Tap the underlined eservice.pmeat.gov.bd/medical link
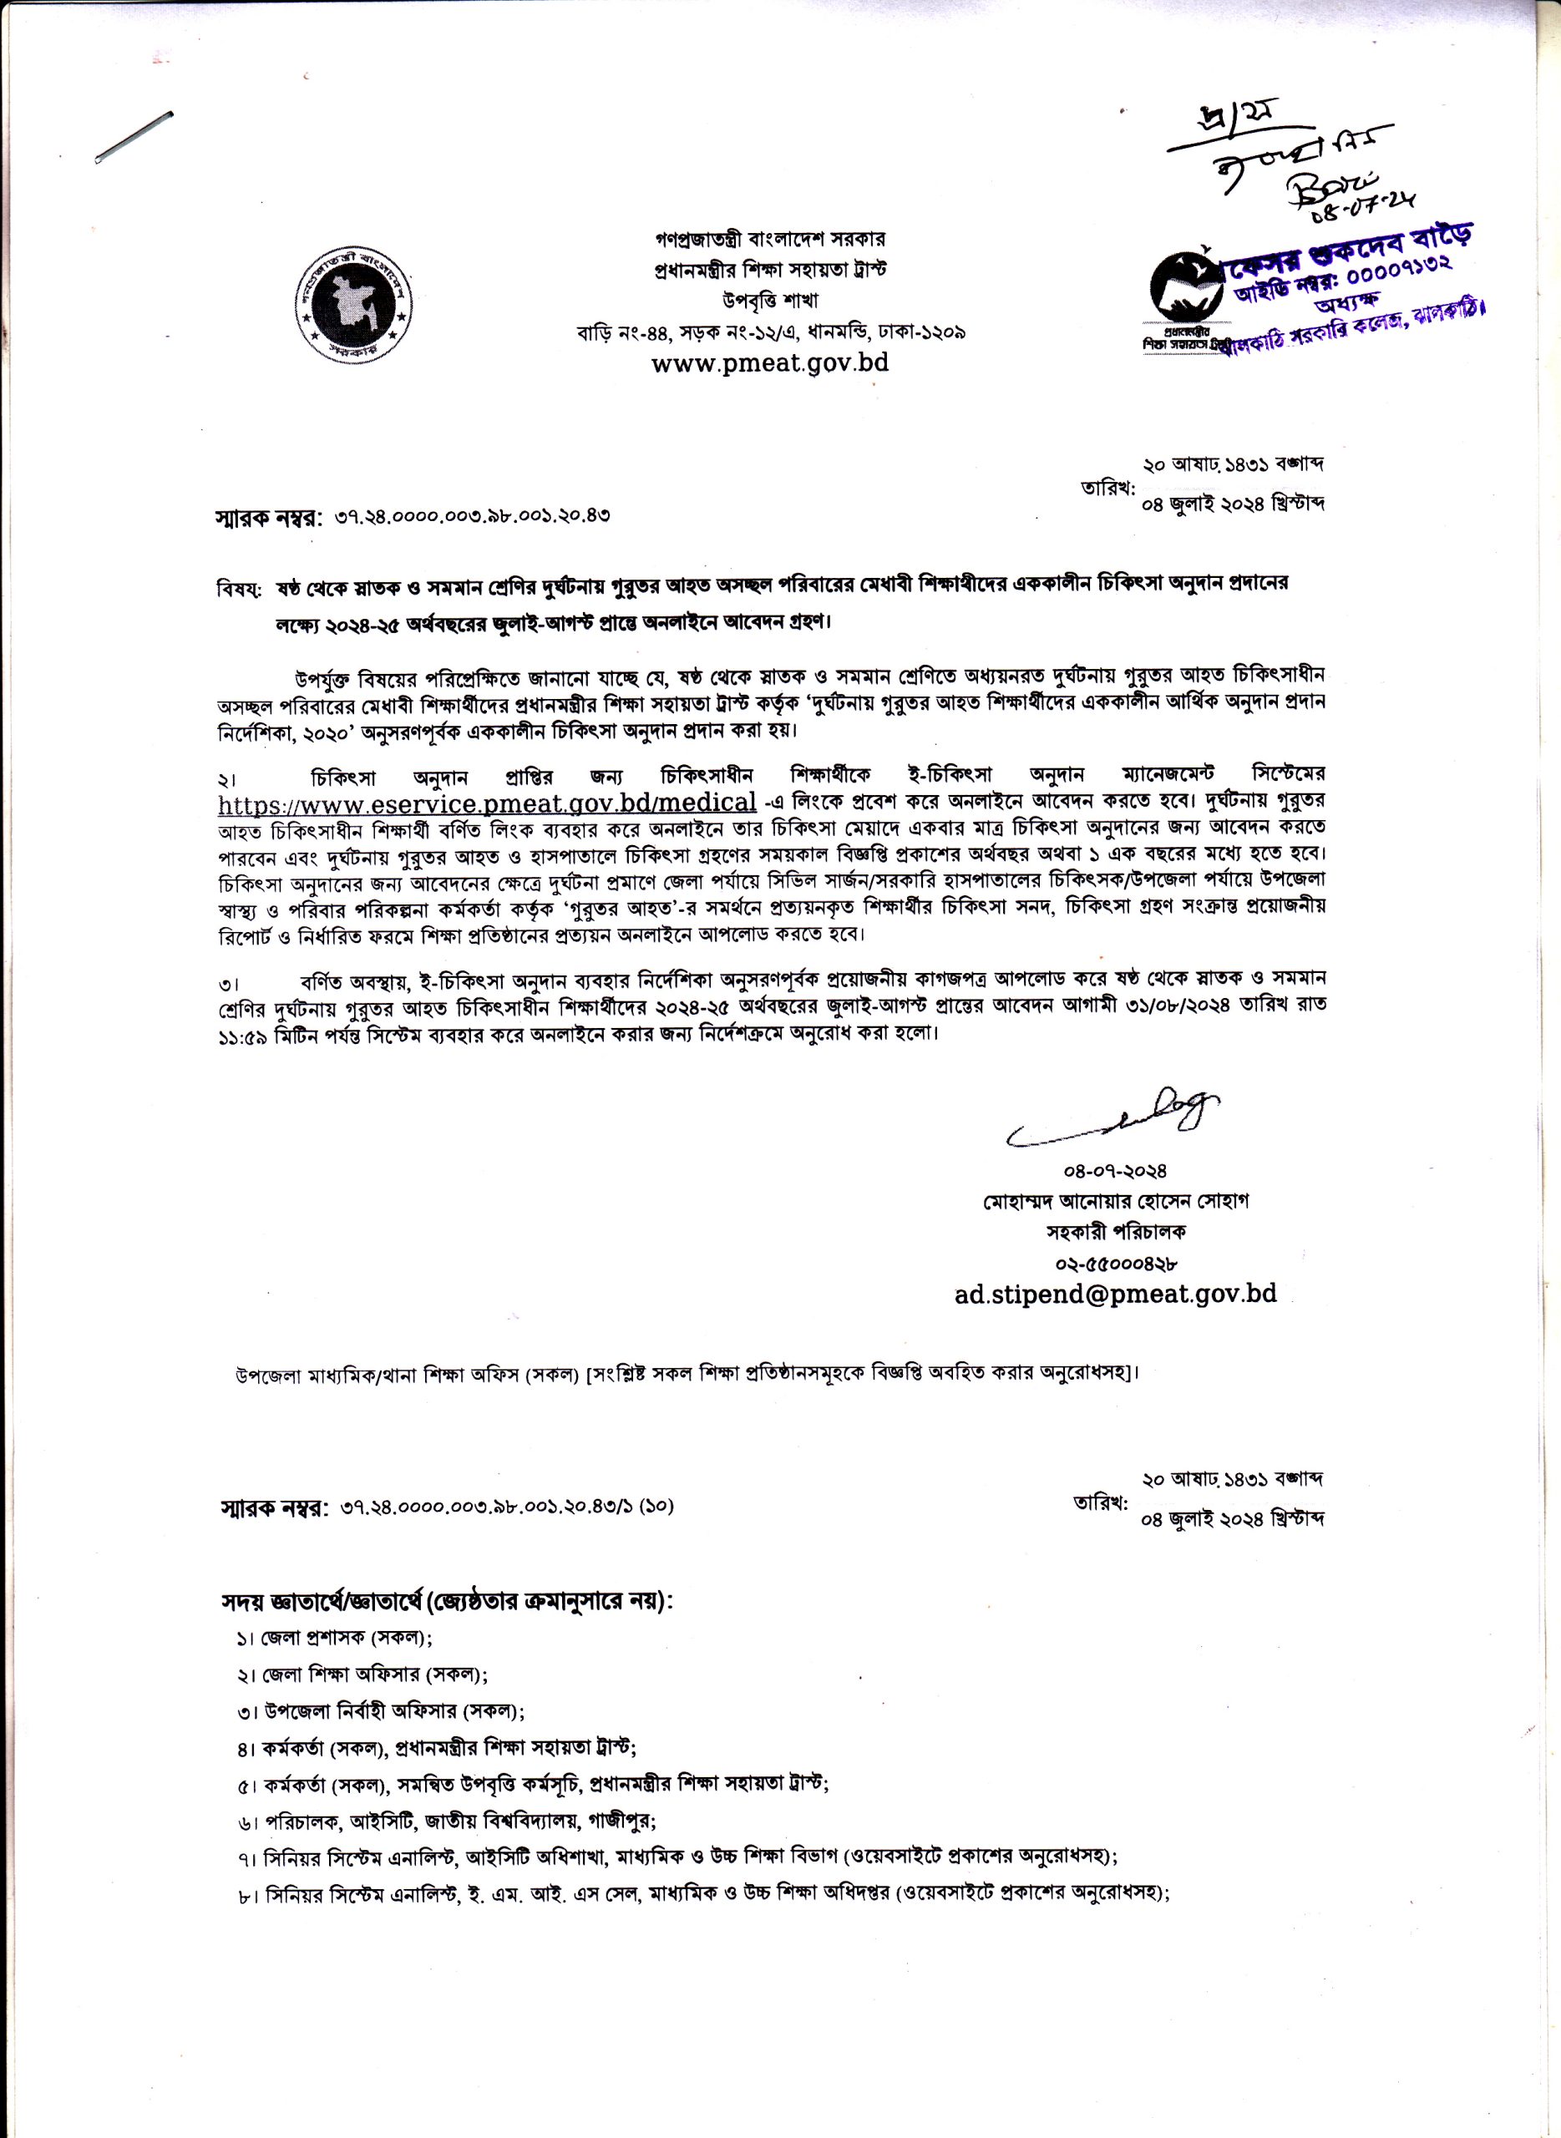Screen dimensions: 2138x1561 click(x=487, y=803)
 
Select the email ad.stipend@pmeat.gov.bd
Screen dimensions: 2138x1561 click(x=1115, y=1294)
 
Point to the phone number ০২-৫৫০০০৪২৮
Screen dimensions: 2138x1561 click(x=1115, y=1262)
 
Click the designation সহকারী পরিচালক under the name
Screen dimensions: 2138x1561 click(x=1115, y=1232)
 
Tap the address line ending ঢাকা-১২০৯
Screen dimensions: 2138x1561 click(x=770, y=332)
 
